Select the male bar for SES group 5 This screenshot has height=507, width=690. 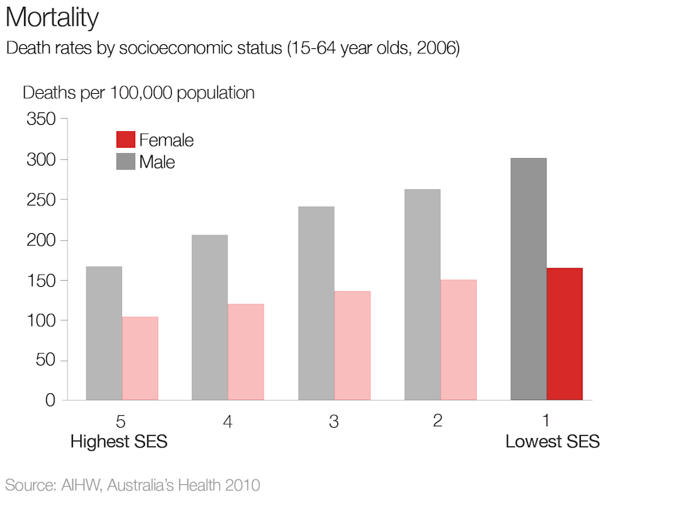pos(103,333)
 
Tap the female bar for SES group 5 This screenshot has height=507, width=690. pos(140,358)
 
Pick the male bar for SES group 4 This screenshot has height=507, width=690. pos(210,317)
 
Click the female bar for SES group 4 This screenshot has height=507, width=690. pos(246,352)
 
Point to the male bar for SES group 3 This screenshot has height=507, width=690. pos(316,304)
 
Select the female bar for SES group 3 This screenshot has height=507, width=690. pos(353,346)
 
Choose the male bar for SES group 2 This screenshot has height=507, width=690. pos(422,295)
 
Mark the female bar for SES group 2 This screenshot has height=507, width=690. pos(459,339)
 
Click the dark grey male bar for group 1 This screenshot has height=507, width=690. pos(529,279)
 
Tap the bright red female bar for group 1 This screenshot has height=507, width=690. pos(564,334)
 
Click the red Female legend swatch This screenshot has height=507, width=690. pos(126,140)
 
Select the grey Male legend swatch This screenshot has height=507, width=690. pos(126,162)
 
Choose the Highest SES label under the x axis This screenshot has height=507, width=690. pos(119,441)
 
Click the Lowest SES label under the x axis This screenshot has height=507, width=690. pos(552,441)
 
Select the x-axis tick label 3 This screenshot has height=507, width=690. pos(334,421)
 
